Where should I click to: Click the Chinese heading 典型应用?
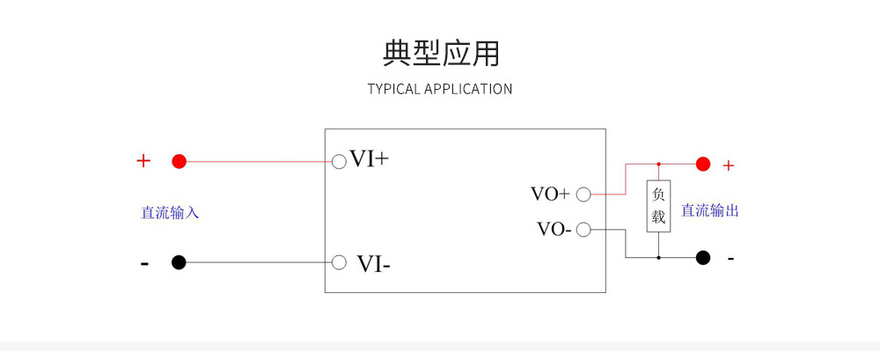[441, 53]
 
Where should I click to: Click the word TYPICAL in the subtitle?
[393, 89]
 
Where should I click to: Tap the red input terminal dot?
[179, 161]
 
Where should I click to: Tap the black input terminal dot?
[179, 262]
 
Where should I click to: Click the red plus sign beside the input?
[143, 161]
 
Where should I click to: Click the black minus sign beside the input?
[144, 263]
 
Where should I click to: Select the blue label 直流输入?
[170, 212]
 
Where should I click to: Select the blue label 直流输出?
[709, 210]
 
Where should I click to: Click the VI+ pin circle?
[339, 161]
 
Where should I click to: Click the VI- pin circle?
[339, 262]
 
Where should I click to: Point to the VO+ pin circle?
[583, 194]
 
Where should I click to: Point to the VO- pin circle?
[583, 231]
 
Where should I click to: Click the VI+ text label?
[369, 159]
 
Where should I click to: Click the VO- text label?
[554, 230]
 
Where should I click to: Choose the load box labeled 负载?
[658, 206]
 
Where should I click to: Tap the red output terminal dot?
[702, 164]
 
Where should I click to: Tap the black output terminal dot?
[702, 258]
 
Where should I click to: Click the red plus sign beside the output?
[728, 165]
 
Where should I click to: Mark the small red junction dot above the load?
[658, 164]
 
